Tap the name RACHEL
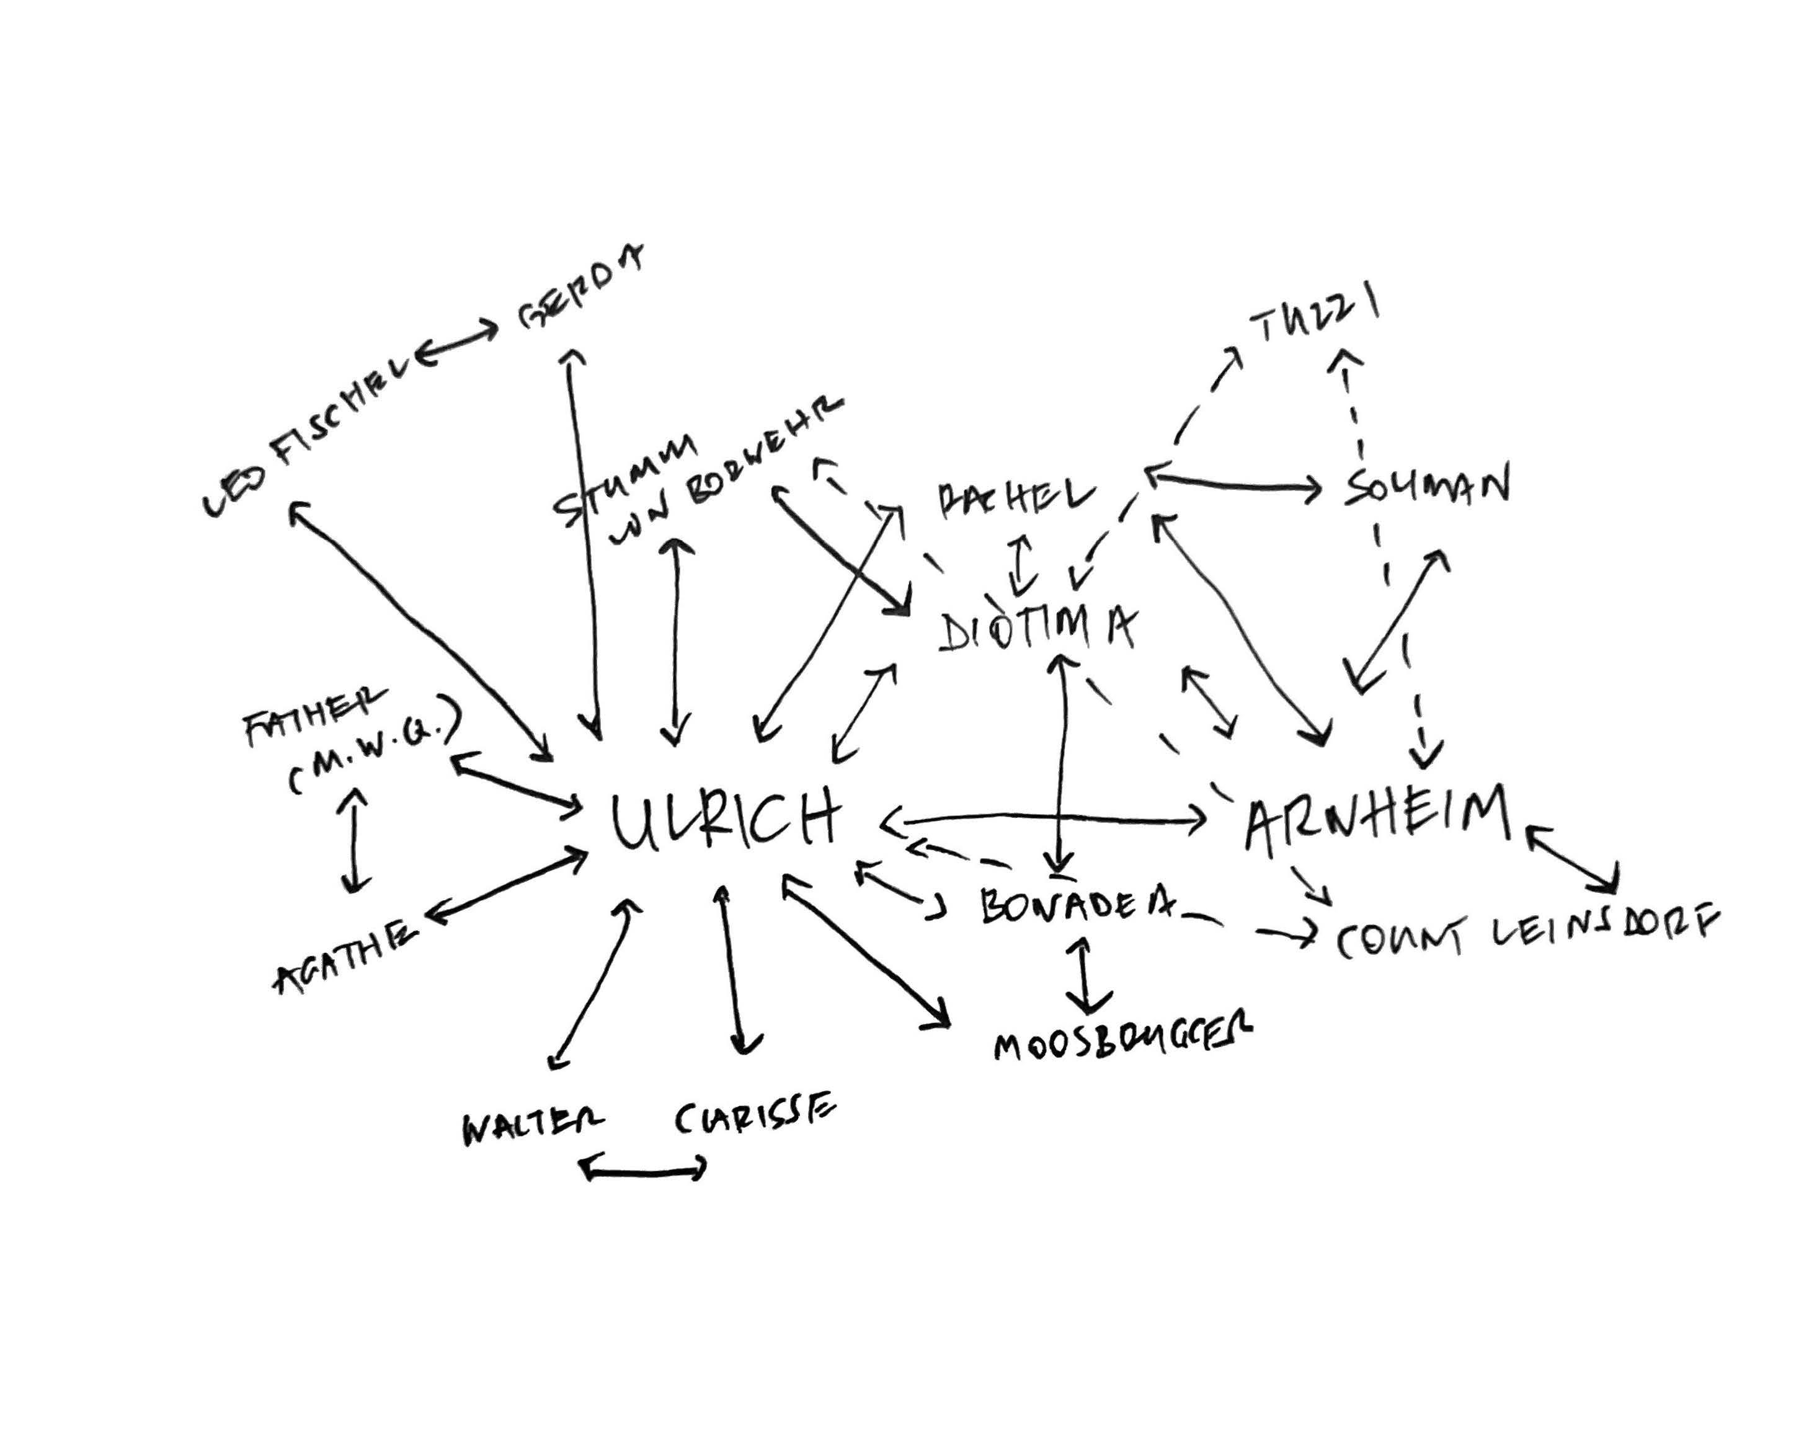(1016, 497)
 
